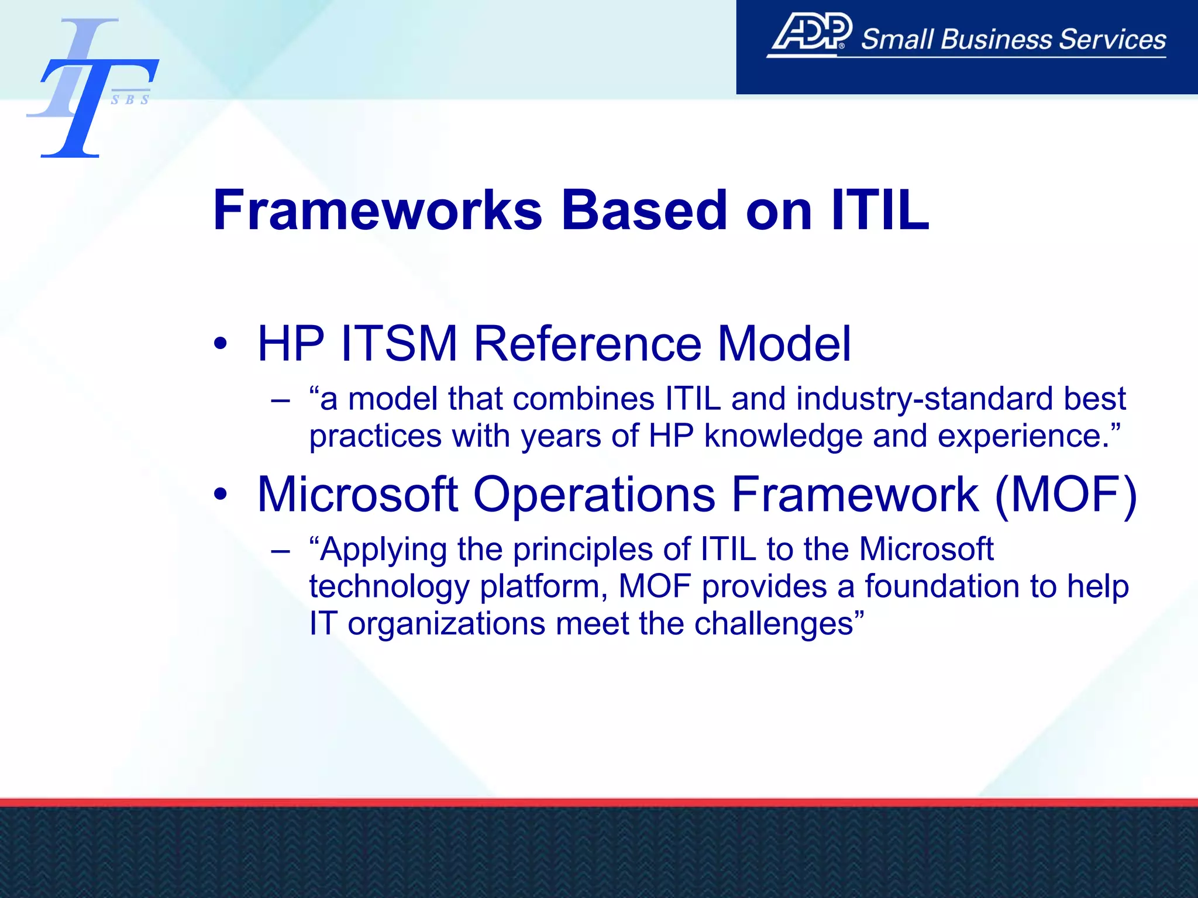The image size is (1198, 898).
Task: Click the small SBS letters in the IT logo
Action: (x=130, y=100)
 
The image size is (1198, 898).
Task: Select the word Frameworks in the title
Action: (x=377, y=210)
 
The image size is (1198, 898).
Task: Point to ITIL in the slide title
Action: (x=880, y=210)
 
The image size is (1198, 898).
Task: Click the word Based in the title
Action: (x=644, y=210)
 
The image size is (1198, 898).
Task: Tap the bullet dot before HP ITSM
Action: (x=220, y=343)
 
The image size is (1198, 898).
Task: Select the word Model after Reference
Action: (x=784, y=343)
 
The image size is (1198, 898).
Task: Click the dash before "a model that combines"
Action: (x=280, y=401)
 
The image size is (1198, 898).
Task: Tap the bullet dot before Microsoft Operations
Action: (x=220, y=495)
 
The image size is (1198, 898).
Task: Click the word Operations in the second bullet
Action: (x=594, y=495)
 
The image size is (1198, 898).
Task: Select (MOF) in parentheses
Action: (x=1066, y=495)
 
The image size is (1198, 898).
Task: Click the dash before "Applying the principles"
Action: (x=280, y=551)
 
